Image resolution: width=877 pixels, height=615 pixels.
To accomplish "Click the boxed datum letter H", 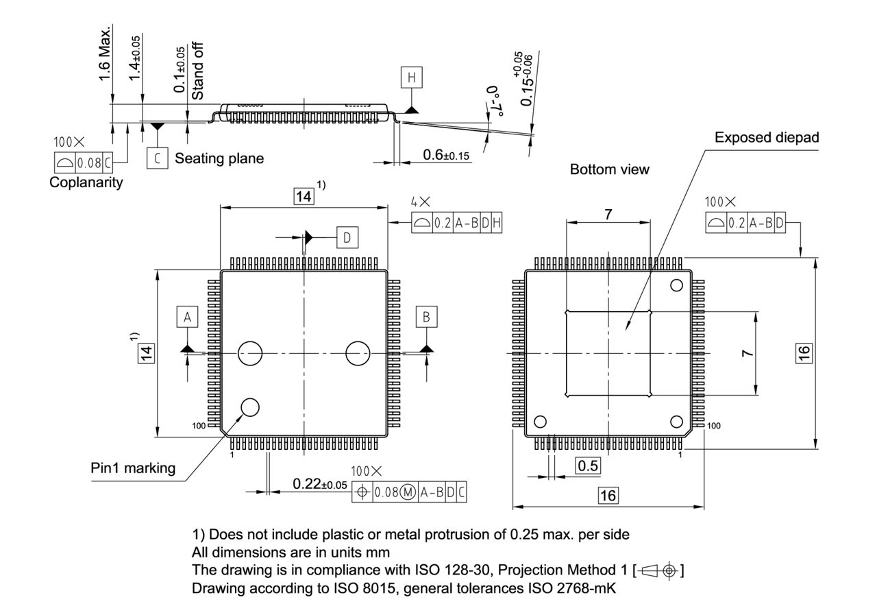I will pos(411,78).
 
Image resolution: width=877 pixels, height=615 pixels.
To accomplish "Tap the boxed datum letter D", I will pos(347,237).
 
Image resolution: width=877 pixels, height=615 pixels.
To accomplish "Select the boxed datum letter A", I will pos(187,317).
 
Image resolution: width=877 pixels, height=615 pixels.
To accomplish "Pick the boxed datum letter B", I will pos(427,317).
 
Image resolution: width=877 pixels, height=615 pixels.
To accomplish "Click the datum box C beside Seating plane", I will pos(157,158).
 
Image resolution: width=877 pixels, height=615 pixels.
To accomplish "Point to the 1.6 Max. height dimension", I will pos(105,55).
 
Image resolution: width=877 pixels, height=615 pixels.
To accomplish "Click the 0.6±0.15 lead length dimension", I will pos(446,156).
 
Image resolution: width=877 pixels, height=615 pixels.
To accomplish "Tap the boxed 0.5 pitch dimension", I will pos(587,466).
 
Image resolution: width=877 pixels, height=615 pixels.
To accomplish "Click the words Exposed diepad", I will pos(766,138).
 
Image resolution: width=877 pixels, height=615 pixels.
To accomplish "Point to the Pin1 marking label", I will pos(133,468).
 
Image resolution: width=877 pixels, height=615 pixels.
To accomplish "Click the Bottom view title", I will pos(609,169).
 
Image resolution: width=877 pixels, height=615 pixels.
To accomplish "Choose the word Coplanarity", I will pos(86,182).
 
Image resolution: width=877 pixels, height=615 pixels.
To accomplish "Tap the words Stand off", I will pos(198,71).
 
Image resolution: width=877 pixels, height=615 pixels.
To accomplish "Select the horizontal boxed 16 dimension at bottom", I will pos(608,495).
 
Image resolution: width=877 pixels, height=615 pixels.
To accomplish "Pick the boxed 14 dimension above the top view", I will pos(303,197).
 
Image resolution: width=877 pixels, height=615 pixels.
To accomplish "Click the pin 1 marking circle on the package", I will pos(250,407).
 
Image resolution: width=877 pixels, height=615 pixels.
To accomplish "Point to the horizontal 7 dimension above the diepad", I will pos(608,215).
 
